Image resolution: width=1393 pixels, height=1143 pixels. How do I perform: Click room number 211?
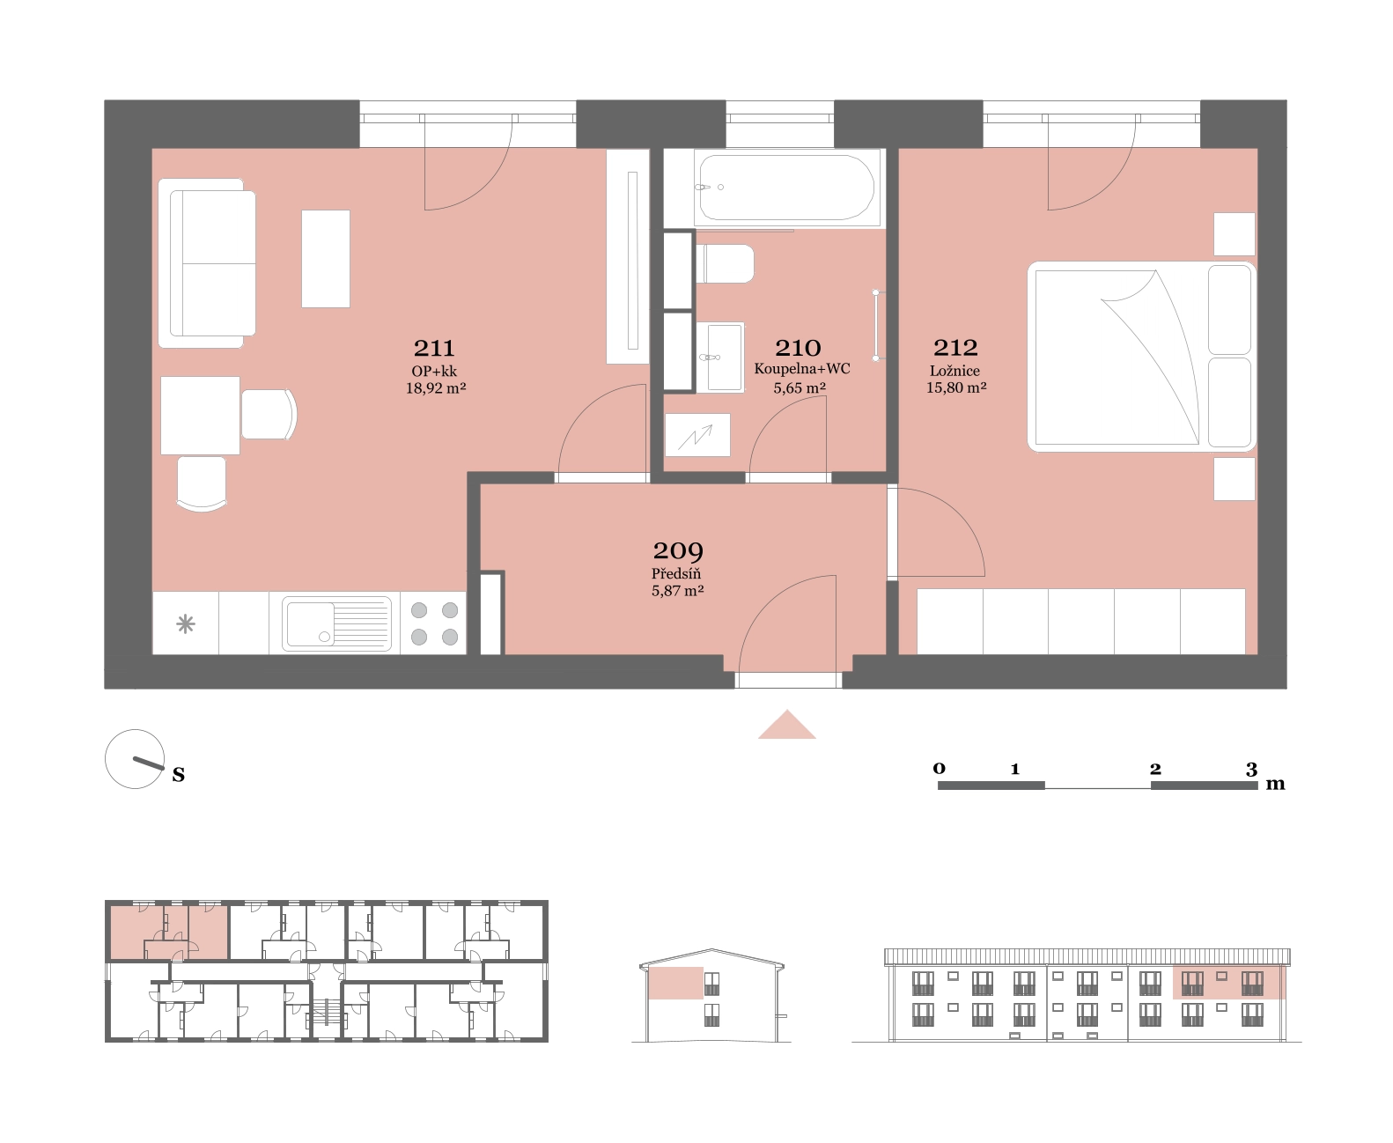[x=434, y=348]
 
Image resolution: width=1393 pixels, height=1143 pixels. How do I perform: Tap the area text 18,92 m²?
[x=436, y=388]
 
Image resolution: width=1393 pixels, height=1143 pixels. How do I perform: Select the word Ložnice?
[x=954, y=371]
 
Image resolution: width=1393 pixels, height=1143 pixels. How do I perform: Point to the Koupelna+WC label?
[x=802, y=369]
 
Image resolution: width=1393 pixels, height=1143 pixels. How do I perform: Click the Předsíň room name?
[x=675, y=573]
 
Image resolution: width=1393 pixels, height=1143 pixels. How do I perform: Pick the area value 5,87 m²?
[x=678, y=591]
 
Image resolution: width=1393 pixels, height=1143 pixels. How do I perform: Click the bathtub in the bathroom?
[x=786, y=188]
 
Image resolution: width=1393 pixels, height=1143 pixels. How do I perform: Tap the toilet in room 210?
[x=726, y=263]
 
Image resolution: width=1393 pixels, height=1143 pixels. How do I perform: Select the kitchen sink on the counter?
[x=337, y=623]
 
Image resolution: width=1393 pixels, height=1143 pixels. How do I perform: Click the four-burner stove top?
[x=434, y=623]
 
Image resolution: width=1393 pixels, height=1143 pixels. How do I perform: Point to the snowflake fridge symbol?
[x=186, y=623]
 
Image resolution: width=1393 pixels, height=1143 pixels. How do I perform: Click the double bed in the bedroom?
[x=1141, y=357]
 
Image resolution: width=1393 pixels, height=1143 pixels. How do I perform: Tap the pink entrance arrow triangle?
[x=786, y=725]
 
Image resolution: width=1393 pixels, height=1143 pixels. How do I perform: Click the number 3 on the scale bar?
[x=1251, y=769]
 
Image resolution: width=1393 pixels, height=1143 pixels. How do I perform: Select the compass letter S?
[x=179, y=774]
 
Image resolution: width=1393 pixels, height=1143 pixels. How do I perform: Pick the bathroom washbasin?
[x=721, y=357]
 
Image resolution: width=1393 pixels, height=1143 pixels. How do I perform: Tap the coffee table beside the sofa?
[x=326, y=258]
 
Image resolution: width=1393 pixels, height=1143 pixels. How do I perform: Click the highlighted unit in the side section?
[x=675, y=983]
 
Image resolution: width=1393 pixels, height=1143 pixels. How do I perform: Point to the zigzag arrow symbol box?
[x=697, y=435]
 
